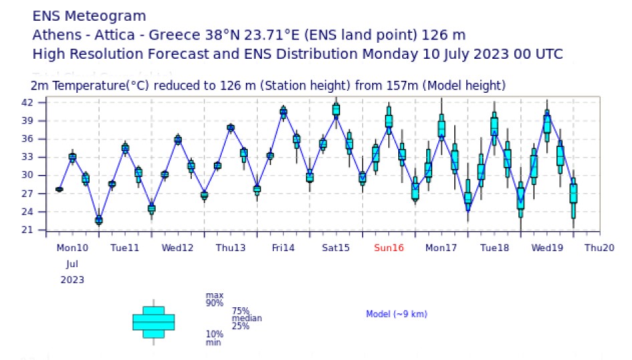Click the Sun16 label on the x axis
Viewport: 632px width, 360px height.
(x=389, y=248)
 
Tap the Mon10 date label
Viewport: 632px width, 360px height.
(x=72, y=248)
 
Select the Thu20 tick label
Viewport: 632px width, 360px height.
(x=599, y=248)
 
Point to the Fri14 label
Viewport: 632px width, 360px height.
(x=283, y=248)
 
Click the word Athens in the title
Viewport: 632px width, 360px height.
(x=57, y=35)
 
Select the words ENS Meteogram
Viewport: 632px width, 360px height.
(x=89, y=15)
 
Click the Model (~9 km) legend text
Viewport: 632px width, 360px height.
(x=396, y=314)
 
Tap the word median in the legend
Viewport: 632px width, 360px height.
(x=247, y=319)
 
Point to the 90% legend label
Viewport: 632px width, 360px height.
(x=214, y=303)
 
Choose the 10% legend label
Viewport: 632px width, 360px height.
(x=214, y=334)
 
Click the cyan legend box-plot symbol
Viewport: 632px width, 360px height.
(x=154, y=322)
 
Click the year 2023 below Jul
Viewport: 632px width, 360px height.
(x=72, y=279)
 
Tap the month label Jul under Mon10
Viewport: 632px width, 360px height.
(x=72, y=264)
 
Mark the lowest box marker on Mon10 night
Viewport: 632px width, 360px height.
(x=99, y=220)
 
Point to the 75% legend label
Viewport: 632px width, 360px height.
(x=241, y=311)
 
